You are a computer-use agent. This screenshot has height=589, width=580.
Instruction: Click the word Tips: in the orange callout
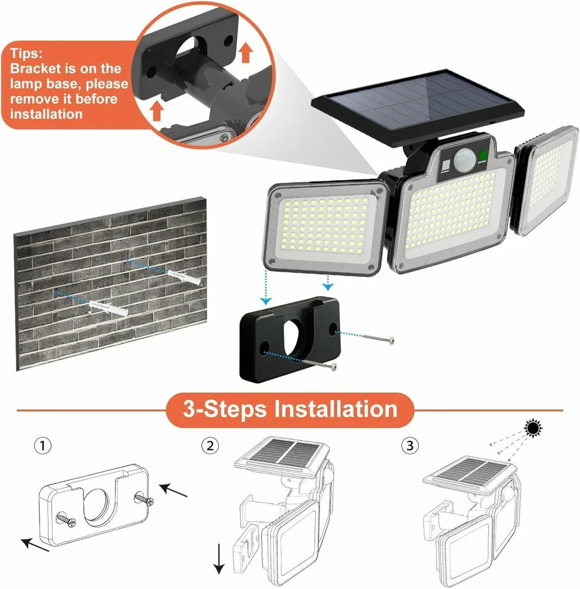(x=27, y=53)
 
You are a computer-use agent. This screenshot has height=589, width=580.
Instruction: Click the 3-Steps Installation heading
(x=290, y=409)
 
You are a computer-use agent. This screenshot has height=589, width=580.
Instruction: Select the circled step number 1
(x=43, y=446)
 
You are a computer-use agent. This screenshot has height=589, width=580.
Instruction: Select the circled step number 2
(x=210, y=446)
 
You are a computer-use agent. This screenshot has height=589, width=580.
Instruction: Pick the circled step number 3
(x=410, y=446)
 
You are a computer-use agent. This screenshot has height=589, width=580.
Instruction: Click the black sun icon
(x=533, y=428)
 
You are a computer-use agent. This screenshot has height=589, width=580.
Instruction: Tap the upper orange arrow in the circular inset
(x=246, y=53)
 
